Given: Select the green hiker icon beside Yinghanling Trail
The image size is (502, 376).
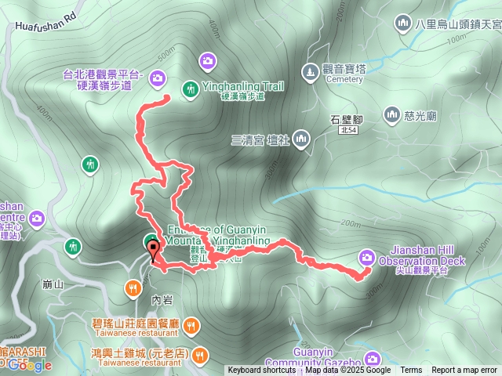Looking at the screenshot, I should pyautogui.click(x=190, y=89).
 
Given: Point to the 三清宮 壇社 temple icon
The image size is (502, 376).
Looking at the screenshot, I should pyautogui.click(x=301, y=140).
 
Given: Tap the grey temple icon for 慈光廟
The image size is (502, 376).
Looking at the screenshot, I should pyautogui.click(x=391, y=115).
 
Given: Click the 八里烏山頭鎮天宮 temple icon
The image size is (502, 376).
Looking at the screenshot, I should pyautogui.click(x=404, y=23).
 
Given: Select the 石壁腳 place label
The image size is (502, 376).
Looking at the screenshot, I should pyautogui.click(x=345, y=120).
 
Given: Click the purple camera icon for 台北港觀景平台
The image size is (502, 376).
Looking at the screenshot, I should pyautogui.click(x=157, y=78).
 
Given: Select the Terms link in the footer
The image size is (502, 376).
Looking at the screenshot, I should pyautogui.click(x=411, y=371).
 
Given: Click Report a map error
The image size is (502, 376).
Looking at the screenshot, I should pyautogui.click(x=464, y=371).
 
